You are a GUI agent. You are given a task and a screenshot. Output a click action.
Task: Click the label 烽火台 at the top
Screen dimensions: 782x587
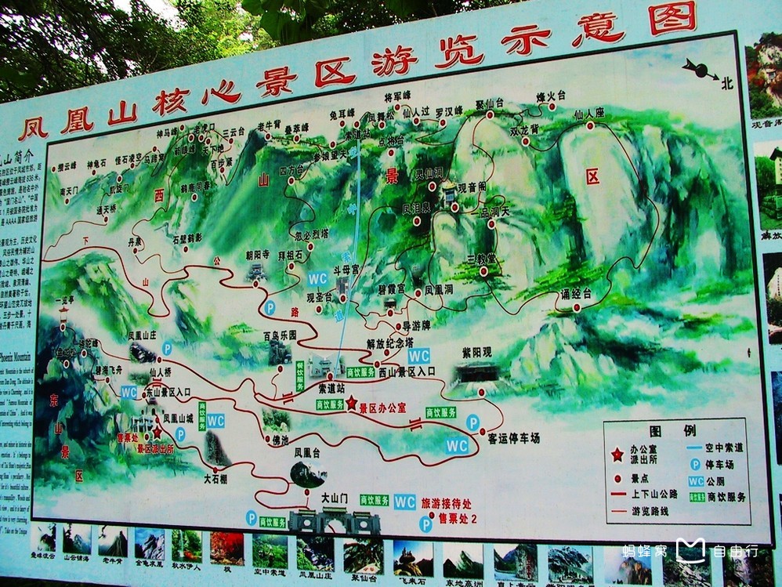point(551,96)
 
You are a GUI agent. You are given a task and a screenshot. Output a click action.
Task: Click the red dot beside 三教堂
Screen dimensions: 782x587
point(483,270)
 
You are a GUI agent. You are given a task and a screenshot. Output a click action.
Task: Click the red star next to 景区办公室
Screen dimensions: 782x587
point(351,403)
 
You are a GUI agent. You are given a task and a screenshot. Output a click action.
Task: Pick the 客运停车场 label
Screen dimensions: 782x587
point(513,438)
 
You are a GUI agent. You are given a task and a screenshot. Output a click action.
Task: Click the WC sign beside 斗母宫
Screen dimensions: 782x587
point(317,278)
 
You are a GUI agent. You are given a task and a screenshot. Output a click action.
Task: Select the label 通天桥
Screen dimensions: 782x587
point(107,210)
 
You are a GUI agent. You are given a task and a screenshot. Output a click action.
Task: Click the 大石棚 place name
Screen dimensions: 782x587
point(215,478)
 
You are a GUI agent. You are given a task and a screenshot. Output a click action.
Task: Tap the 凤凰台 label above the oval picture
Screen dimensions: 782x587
point(307,452)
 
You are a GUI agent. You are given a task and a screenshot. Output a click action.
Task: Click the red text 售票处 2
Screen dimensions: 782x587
point(462,517)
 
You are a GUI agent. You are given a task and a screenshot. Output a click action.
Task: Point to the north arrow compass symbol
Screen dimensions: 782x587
point(701,71)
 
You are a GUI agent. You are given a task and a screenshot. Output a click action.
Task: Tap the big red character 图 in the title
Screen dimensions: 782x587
point(672,18)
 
